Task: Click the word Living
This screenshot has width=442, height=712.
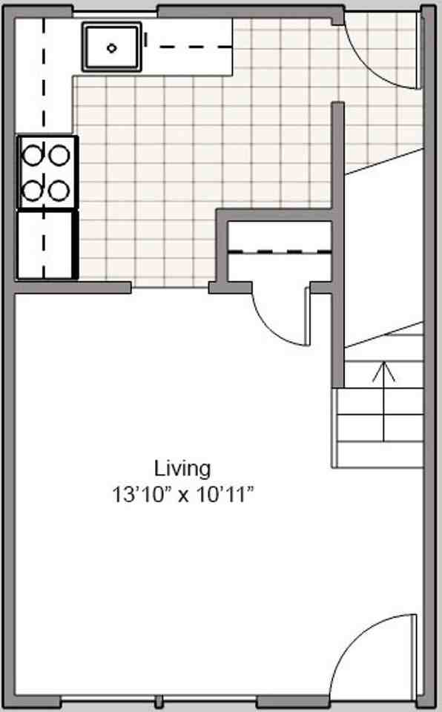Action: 182,469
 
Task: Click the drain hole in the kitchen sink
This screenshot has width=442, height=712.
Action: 111,48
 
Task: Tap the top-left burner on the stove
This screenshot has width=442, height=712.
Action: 33,154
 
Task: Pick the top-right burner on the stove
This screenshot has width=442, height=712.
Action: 60,154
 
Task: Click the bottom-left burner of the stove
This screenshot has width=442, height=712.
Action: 33,189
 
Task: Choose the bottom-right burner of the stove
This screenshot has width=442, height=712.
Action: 60,189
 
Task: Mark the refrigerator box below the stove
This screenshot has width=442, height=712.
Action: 47,245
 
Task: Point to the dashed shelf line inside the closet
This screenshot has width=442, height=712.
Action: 279,252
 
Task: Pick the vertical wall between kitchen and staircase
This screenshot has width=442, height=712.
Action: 337,245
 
